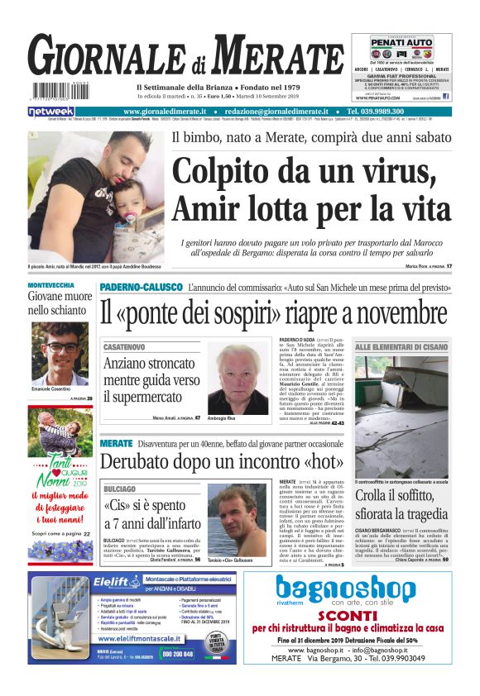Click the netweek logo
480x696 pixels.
(50, 112)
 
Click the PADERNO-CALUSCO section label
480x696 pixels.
(141, 287)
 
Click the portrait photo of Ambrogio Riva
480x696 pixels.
(238, 378)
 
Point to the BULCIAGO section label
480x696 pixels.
(120, 489)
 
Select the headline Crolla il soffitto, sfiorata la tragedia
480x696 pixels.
(402, 505)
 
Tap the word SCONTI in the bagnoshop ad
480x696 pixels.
(348, 616)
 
